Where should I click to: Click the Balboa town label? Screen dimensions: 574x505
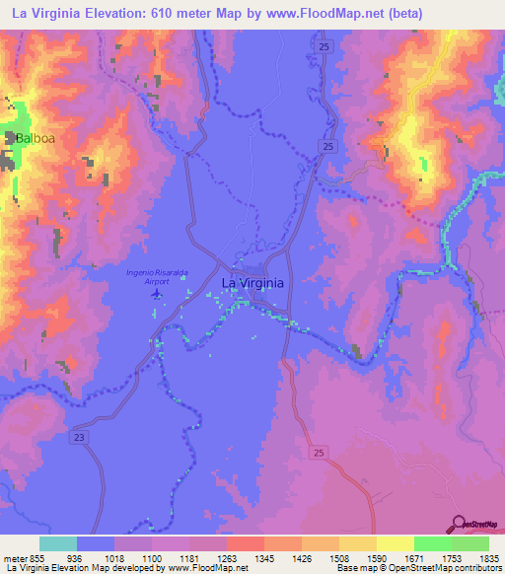click(x=34, y=139)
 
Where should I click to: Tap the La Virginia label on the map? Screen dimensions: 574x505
click(x=252, y=283)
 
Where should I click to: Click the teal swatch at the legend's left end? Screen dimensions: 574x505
click(x=58, y=543)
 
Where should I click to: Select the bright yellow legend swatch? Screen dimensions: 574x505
click(x=396, y=543)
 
